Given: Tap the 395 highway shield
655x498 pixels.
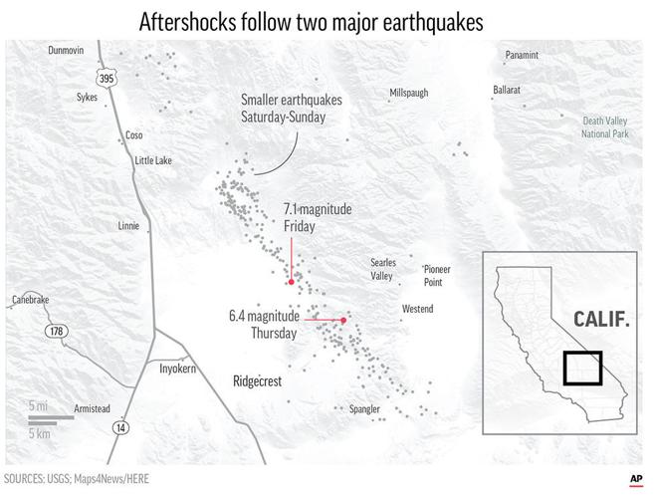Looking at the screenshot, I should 105,77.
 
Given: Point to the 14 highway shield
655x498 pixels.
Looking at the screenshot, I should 120,427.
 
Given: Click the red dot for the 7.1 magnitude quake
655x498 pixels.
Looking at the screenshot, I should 291,282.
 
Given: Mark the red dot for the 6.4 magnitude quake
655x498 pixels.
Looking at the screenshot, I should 343,320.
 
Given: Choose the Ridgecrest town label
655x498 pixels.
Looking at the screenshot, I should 260,380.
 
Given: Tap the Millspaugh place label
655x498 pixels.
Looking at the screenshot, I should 408,93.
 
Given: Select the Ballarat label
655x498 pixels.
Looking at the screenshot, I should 507,90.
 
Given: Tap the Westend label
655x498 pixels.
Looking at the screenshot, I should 417,309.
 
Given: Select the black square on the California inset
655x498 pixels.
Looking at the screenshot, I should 582,368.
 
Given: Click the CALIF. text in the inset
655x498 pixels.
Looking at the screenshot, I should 603,319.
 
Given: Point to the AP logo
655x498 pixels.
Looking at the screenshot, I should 634,478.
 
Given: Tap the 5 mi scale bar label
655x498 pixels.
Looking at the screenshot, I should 38,406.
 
